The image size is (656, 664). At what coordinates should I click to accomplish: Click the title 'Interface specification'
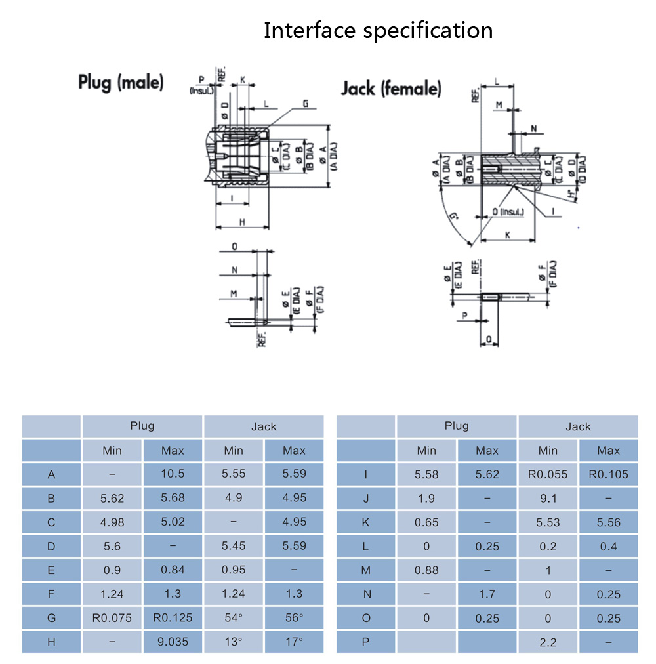tap(378, 30)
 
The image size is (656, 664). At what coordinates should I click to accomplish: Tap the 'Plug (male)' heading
tap(121, 83)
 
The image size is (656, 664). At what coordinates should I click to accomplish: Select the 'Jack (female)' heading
tap(391, 89)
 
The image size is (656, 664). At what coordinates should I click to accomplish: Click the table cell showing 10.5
tap(173, 474)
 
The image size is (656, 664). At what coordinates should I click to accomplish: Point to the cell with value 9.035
tap(173, 641)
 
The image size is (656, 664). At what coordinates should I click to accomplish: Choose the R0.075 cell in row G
tap(112, 617)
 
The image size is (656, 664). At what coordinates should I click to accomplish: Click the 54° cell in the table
tap(234, 617)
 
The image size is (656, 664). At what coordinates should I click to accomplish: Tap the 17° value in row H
tap(294, 641)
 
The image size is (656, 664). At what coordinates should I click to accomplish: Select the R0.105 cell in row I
tap(608, 474)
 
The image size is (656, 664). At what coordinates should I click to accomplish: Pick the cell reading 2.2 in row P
tap(548, 641)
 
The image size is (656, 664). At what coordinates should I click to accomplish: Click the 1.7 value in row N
tap(487, 594)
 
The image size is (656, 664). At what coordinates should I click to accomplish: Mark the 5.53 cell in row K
tap(548, 522)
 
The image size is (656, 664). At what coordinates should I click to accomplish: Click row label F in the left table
tap(51, 594)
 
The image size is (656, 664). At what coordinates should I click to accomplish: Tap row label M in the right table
tap(366, 570)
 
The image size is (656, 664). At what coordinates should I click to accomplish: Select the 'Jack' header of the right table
tap(578, 426)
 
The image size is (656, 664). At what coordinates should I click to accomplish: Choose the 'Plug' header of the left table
tap(142, 426)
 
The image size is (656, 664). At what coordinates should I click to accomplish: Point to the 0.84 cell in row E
tap(173, 570)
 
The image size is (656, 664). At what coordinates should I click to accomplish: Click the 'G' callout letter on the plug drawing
tap(306, 104)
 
